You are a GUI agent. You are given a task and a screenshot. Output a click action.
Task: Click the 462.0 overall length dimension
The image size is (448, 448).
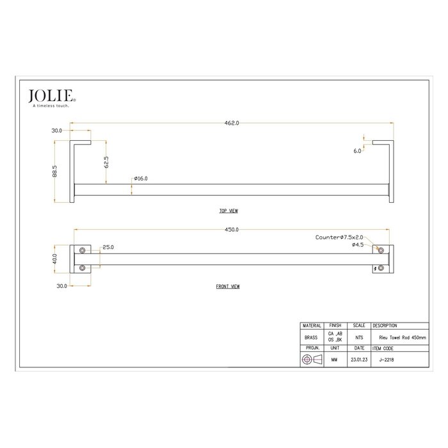click(x=232, y=124)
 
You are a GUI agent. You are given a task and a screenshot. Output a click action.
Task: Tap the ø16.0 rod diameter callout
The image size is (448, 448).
click(x=141, y=179)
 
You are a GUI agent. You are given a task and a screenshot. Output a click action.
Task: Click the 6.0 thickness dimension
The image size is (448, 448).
click(x=356, y=152)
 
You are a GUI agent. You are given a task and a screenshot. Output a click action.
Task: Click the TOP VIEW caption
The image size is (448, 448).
click(x=228, y=210)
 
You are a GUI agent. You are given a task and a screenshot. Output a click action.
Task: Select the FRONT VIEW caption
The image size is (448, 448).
click(x=228, y=287)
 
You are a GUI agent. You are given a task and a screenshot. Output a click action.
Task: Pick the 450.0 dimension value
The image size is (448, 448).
click(x=232, y=229)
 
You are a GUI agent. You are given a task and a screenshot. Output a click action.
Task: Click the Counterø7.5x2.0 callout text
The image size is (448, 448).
click(x=339, y=237)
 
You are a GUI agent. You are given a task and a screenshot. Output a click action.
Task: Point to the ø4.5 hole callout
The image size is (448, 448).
click(x=358, y=244)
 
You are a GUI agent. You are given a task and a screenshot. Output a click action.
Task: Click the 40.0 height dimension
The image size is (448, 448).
click(x=56, y=259)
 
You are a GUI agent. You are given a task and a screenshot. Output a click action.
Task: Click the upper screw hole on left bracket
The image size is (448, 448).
click(x=82, y=249)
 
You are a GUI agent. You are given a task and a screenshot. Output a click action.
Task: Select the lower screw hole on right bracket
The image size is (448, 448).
click(x=381, y=267)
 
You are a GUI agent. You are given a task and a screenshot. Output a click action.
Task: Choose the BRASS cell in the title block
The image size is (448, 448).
click(x=312, y=337)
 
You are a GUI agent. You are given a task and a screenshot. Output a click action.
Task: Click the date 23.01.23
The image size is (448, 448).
click(x=358, y=360)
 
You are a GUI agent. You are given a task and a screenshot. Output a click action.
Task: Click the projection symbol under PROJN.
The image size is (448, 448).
click(x=312, y=360)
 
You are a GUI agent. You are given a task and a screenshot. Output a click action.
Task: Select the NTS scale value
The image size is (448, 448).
click(x=358, y=337)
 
